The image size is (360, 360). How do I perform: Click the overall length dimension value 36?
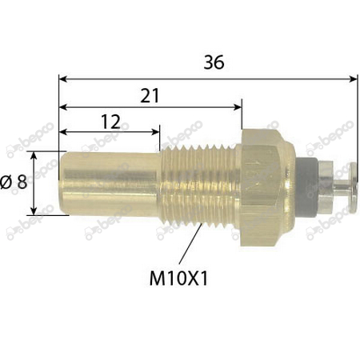(212, 62)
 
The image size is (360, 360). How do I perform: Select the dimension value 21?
(149, 94)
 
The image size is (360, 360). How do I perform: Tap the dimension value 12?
(110, 121)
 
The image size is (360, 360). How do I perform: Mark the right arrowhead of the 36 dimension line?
(354, 78)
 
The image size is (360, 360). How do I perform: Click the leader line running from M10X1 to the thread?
(187, 248)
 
